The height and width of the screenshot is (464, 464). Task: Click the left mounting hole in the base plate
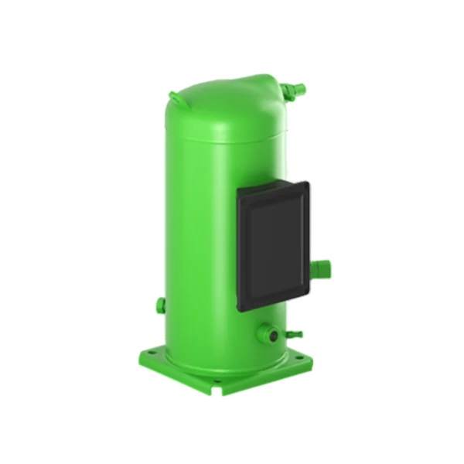[152, 353]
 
